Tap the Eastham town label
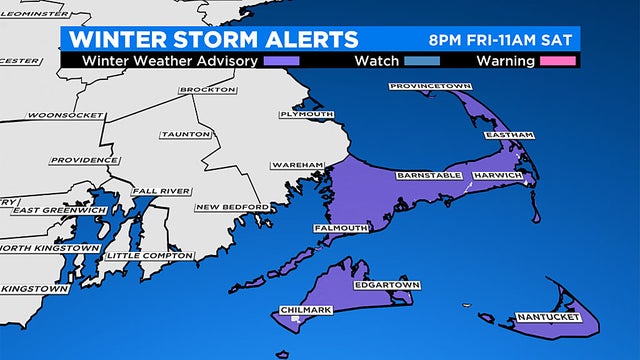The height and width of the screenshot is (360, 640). point(503,135)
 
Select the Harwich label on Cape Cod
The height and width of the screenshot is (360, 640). point(496,176)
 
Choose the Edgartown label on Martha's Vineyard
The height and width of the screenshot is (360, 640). point(387,285)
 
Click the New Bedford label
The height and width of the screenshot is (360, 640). point(232,207)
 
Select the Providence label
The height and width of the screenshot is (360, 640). point(85,160)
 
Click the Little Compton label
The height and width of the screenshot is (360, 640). point(149,256)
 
